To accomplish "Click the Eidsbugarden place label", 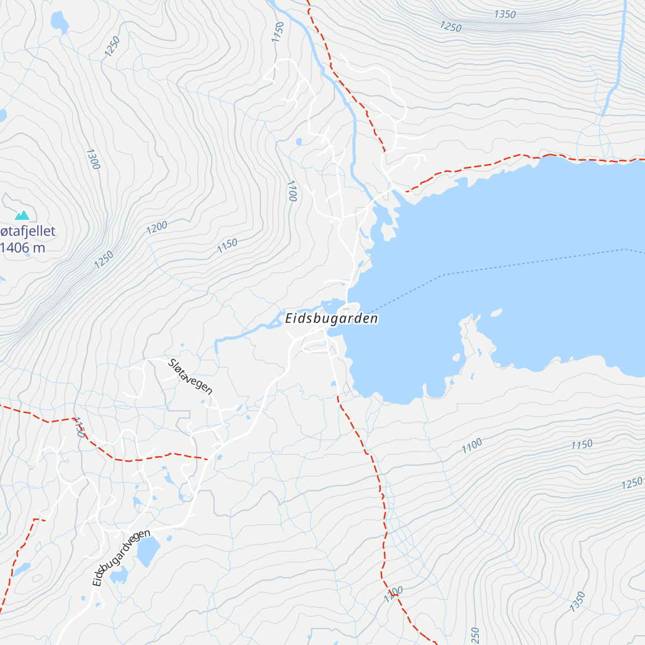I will coord(331,318).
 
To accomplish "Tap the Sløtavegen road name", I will coord(190,376).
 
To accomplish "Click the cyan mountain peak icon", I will coord(22,216).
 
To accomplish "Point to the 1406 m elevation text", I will coord(23,248).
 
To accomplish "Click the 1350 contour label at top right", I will coord(505,15).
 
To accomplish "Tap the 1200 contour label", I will coord(157,228).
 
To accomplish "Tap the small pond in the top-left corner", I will coord(59,22).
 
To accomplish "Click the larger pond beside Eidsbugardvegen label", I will coord(148,551).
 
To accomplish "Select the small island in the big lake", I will coord(496,312).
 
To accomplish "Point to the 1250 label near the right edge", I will coord(632,484).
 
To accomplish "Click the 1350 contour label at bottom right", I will coord(577,601).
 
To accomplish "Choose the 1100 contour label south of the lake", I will coord(471,446).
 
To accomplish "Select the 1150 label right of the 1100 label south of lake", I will coord(582,445).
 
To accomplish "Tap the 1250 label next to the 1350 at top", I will coord(450,26).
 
